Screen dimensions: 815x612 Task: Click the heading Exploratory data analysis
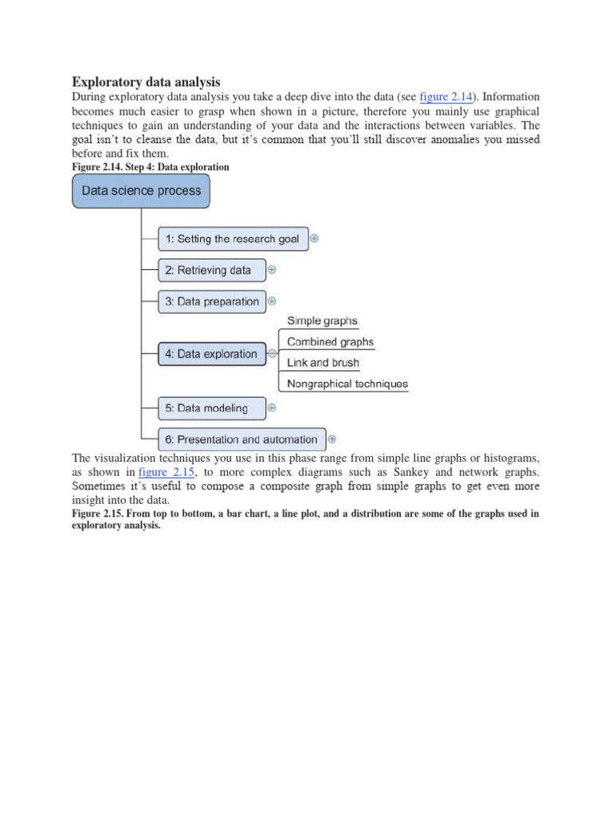(x=147, y=82)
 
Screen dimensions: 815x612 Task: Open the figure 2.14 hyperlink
(x=445, y=97)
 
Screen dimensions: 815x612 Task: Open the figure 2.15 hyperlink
(x=167, y=472)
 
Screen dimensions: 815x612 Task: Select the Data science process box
(x=141, y=191)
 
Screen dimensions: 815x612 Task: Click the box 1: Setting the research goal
(x=233, y=239)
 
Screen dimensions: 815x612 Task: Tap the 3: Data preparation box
(x=212, y=302)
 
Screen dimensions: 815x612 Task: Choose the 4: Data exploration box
(x=211, y=354)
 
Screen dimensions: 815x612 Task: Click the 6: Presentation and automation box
(x=241, y=439)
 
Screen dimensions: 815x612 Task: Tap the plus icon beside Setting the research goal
(x=315, y=238)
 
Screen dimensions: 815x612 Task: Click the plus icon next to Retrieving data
(x=272, y=270)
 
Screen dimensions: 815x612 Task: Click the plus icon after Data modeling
(x=272, y=407)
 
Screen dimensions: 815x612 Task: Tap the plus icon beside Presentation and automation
(x=332, y=439)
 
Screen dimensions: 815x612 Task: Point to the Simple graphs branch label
(x=322, y=321)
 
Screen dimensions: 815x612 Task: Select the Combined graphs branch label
(x=330, y=341)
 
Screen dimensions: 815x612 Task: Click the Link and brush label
(x=323, y=362)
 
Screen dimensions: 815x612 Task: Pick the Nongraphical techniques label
(x=347, y=384)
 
